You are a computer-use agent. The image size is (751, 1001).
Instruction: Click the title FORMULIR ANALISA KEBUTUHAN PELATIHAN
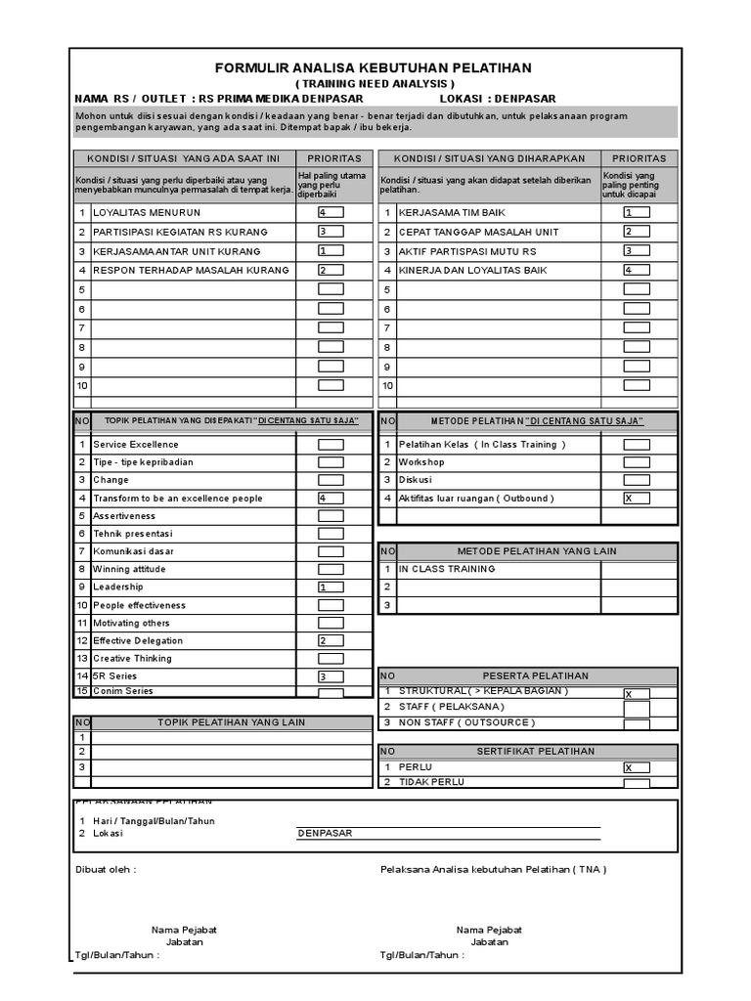tap(374, 67)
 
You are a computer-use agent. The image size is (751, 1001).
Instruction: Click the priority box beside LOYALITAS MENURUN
tap(330, 212)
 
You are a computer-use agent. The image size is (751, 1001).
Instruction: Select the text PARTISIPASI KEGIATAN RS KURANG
tap(180, 232)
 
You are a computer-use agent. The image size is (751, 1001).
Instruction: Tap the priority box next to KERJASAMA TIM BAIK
tap(636, 212)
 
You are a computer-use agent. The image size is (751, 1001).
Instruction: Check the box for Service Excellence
tap(330, 445)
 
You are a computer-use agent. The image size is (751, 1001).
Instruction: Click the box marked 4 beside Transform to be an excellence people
tap(330, 498)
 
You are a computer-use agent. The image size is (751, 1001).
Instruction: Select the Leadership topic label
tap(118, 587)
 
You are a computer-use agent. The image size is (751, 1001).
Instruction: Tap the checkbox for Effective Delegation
tap(330, 640)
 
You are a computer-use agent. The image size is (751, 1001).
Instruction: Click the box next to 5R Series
tap(330, 676)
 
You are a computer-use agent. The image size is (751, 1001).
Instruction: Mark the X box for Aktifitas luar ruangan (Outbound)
tap(636, 498)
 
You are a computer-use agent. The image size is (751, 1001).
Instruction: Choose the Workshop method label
tap(421, 462)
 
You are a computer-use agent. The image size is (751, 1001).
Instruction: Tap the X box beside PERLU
tap(636, 767)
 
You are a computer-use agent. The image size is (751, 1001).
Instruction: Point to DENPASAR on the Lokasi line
tap(327, 834)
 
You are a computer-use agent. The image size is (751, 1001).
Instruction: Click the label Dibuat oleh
tap(106, 869)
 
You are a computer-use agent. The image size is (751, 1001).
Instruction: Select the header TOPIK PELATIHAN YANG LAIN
tap(232, 722)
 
